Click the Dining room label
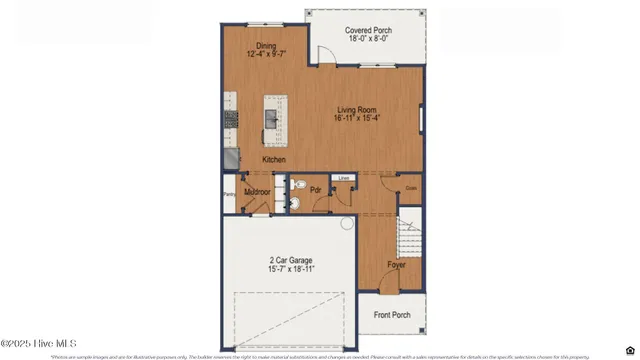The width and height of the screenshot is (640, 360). (265, 45)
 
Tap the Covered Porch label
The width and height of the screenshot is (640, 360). (369, 31)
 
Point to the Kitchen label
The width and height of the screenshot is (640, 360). (274, 160)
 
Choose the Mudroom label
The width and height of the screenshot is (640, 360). (259, 189)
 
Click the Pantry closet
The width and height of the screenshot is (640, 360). (229, 195)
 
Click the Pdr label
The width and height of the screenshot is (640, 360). (316, 189)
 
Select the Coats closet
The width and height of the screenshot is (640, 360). (411, 187)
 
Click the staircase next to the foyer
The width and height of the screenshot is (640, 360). (409, 241)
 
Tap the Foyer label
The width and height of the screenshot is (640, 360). (397, 265)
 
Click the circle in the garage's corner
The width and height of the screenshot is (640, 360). (347, 224)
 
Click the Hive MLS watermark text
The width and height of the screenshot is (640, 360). (39, 343)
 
